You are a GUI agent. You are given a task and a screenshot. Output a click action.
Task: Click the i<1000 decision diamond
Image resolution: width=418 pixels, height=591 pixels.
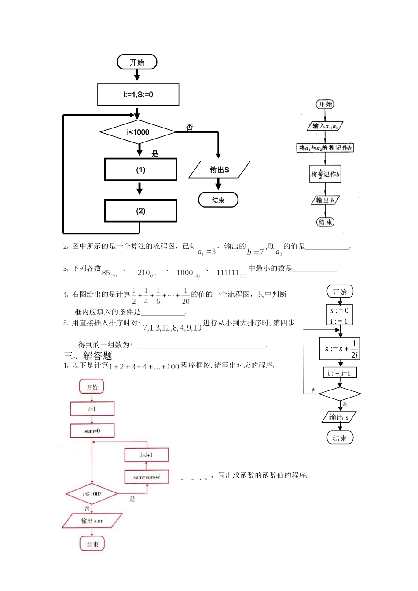[x=138, y=132]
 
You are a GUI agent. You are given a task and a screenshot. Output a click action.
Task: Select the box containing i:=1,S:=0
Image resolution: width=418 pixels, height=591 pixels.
[x=138, y=95]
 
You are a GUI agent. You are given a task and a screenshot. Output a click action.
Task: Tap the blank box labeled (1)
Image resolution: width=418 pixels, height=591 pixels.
[x=140, y=170]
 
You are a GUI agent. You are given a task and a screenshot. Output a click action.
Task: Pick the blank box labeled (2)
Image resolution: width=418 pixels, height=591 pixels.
[x=140, y=211]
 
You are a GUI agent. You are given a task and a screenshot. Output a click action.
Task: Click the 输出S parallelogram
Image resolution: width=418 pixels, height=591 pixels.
[x=219, y=170]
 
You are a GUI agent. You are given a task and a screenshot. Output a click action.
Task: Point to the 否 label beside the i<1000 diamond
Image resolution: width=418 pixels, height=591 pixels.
[x=190, y=127]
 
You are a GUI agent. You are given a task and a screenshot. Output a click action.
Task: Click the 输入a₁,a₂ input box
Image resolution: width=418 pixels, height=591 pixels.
[x=325, y=126]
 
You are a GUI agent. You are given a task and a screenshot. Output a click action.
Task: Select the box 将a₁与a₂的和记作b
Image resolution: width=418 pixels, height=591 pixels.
[x=325, y=148]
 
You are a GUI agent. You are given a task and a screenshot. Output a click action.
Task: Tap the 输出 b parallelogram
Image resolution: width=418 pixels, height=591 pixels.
[x=325, y=201]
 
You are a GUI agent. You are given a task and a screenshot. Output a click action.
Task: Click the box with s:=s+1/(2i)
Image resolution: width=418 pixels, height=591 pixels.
[x=340, y=349]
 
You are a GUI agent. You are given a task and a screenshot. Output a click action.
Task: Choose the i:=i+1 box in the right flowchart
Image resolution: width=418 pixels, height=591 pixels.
[x=340, y=373]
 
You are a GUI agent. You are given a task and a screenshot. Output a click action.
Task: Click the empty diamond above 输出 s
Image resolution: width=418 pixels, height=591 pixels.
[x=340, y=394]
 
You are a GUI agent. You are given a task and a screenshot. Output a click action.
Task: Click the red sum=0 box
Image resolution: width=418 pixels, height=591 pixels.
[x=92, y=431]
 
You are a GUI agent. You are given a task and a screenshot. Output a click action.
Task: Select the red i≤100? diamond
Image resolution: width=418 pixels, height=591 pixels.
[x=92, y=494]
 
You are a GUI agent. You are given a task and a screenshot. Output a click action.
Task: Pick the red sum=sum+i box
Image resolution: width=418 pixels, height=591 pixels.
[x=147, y=477]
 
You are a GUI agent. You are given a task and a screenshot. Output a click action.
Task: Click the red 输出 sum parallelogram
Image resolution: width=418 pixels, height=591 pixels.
[x=92, y=521]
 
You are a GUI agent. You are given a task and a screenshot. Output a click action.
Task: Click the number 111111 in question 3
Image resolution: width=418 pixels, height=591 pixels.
[x=227, y=273]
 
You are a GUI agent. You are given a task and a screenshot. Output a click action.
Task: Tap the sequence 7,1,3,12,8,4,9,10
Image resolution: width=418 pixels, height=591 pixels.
[x=172, y=328]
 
